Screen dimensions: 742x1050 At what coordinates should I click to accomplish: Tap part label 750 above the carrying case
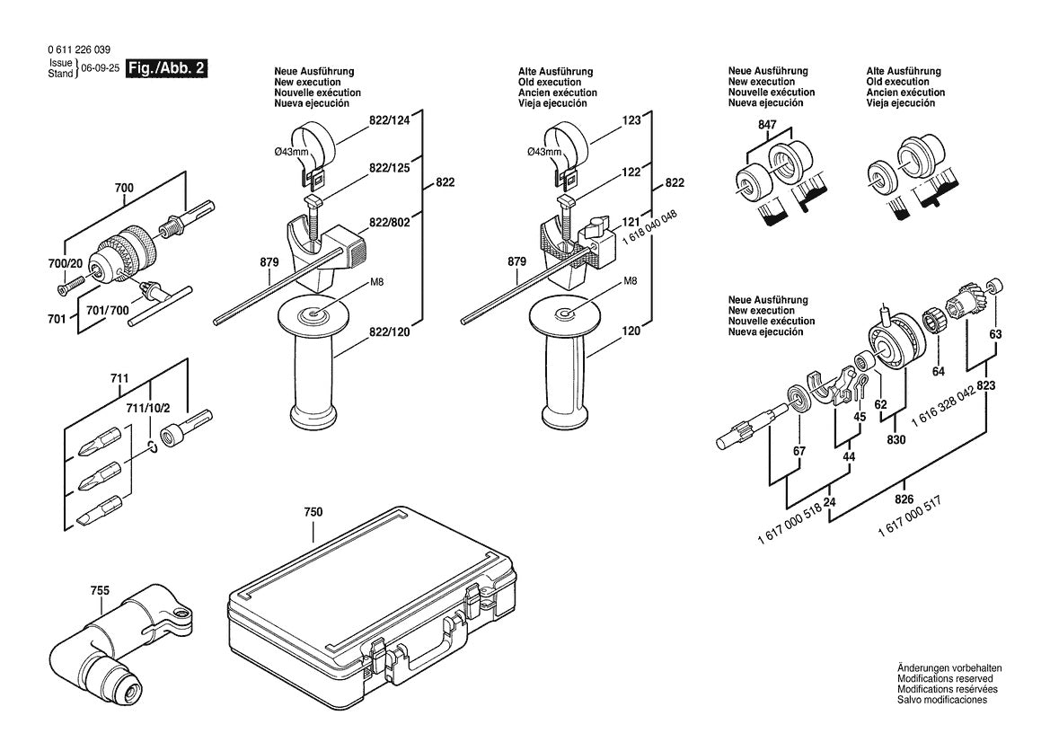pyautogui.click(x=313, y=512)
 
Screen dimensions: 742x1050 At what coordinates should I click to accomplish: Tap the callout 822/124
pyautogui.click(x=389, y=121)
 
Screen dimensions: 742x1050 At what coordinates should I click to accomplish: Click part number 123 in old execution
pyautogui.click(x=631, y=119)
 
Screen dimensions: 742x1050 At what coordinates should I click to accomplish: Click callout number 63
pyautogui.click(x=995, y=335)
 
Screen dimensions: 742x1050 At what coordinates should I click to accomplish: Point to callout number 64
pyautogui.click(x=939, y=370)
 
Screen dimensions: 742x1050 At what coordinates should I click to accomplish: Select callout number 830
pyautogui.click(x=896, y=440)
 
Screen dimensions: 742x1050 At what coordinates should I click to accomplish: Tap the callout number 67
pyautogui.click(x=799, y=451)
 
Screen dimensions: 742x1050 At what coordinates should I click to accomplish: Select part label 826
pyautogui.click(x=904, y=499)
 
